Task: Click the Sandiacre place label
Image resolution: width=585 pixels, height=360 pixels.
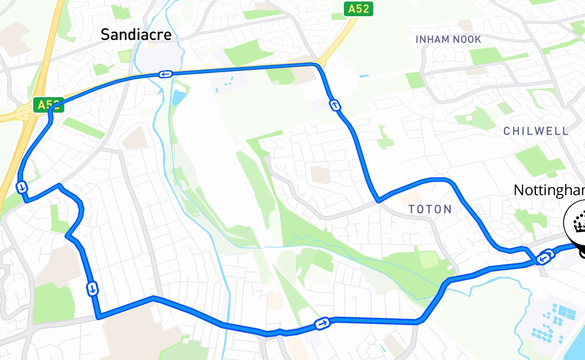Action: pyautogui.click(x=136, y=35)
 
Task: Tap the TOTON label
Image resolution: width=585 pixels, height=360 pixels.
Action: pyautogui.click(x=430, y=209)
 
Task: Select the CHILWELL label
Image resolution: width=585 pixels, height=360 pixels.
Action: pyautogui.click(x=535, y=131)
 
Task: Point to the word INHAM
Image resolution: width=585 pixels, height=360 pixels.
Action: pyautogui.click(x=432, y=40)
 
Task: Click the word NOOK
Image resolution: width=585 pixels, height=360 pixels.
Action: pyautogui.click(x=467, y=40)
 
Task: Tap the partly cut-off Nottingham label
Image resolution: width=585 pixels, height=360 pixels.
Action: pyautogui.click(x=549, y=190)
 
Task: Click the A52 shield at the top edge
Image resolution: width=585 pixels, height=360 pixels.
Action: pyautogui.click(x=359, y=9)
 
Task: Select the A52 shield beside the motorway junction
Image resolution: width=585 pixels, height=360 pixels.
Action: pyautogui.click(x=48, y=105)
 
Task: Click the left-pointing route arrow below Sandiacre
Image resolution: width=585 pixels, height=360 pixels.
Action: pyautogui.click(x=165, y=74)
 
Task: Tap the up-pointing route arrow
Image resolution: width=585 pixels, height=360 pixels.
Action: pyautogui.click(x=335, y=106)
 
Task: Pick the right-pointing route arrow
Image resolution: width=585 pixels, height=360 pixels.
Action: pyautogui.click(x=323, y=323)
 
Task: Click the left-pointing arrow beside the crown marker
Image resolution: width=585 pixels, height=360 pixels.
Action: pyautogui.click(x=544, y=258)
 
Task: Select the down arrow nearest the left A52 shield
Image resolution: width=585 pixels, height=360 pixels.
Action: pyautogui.click(x=22, y=187)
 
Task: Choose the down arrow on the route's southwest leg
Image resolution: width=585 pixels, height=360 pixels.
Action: pyautogui.click(x=92, y=288)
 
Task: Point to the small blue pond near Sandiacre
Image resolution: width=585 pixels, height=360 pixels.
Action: pyautogui.click(x=178, y=97)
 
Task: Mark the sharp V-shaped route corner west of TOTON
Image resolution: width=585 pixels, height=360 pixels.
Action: pyautogui.click(x=378, y=201)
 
